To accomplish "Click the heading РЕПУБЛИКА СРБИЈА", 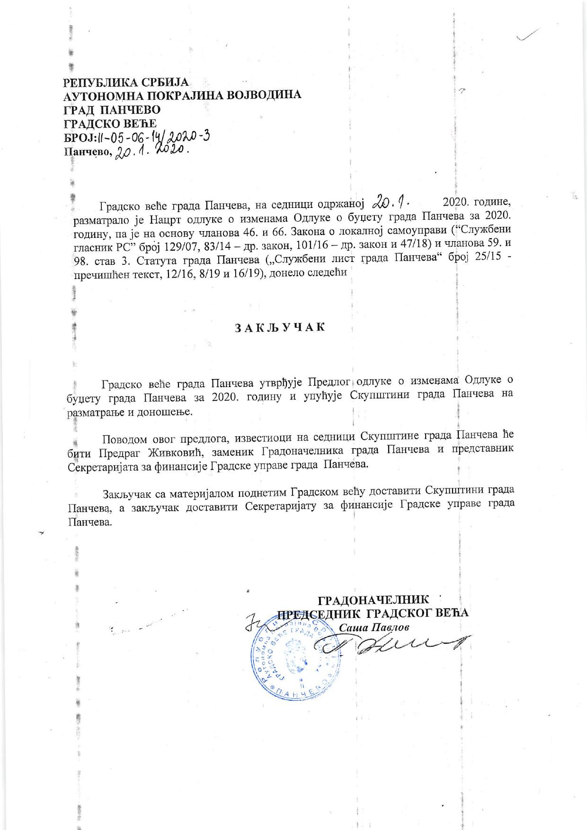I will (x=126, y=82).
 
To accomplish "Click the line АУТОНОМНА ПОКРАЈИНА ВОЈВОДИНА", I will (x=182, y=95).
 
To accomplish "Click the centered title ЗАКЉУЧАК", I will (x=280, y=328).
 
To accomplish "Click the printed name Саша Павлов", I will (x=372, y=627).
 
